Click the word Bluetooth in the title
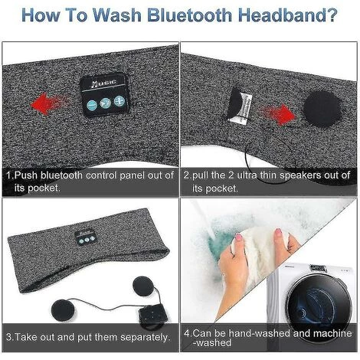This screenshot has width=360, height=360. point(189,15)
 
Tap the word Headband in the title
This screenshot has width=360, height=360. point(287,15)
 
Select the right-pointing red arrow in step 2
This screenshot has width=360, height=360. point(277,114)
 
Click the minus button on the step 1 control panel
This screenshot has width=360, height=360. point(92,105)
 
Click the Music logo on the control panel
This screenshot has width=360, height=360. point(104,83)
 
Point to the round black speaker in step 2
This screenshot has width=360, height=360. point(322,109)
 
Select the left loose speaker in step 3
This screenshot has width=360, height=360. point(63,310)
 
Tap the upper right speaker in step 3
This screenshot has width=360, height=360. point(144,286)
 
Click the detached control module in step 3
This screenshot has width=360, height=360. point(154,316)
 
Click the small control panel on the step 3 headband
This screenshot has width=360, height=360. point(86,238)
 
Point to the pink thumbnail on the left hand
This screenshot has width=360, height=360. point(239,237)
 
